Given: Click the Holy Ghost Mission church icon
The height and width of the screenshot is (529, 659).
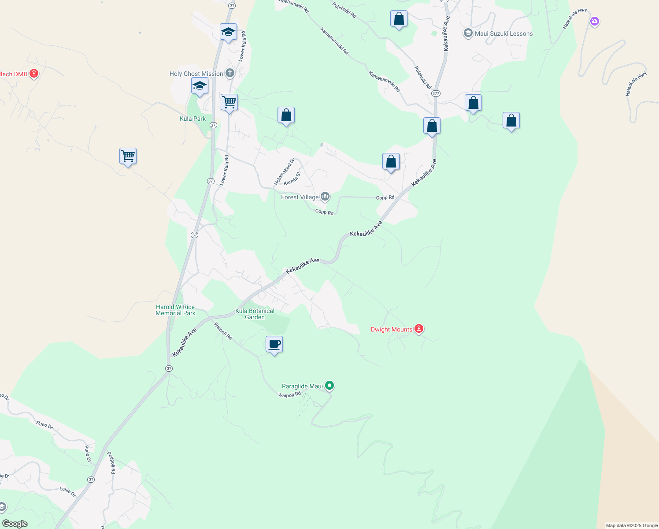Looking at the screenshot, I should pyautogui.click(x=230, y=73).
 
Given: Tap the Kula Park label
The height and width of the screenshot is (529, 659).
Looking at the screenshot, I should pyautogui.click(x=193, y=119).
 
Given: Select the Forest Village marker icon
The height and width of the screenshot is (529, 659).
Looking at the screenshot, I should pyautogui.click(x=325, y=197).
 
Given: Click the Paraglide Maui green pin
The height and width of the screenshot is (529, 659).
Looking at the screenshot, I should pyautogui.click(x=329, y=386).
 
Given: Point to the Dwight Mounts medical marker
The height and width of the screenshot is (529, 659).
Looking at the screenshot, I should pyautogui.click(x=419, y=328).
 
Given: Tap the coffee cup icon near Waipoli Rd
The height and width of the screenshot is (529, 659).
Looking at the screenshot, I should pyautogui.click(x=274, y=344).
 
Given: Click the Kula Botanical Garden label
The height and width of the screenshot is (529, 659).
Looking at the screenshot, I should pyautogui.click(x=255, y=314).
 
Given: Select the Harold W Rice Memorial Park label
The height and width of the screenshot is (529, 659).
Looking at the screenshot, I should pyautogui.click(x=175, y=310).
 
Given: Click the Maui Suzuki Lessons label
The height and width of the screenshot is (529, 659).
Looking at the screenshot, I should pyautogui.click(x=504, y=34).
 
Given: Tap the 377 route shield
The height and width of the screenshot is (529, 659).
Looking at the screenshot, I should pyautogui.click(x=436, y=93).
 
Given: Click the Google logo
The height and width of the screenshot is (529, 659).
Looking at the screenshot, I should pyautogui.click(x=15, y=524).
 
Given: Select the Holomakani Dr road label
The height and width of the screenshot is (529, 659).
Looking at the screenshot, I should pyautogui.click(x=284, y=172).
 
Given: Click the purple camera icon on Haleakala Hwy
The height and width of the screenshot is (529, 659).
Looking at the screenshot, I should pyautogui.click(x=595, y=21).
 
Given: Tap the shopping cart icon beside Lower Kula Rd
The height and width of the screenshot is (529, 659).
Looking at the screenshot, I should pyautogui.click(x=229, y=103).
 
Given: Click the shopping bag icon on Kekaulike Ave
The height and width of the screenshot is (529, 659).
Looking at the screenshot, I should pyautogui.click(x=432, y=126).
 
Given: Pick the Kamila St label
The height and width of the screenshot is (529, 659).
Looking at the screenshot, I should pyautogui.click(x=292, y=179).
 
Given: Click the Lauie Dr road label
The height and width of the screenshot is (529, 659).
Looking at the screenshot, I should pyautogui.click(x=68, y=492).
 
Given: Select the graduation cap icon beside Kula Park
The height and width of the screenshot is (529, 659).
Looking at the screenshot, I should pyautogui.click(x=200, y=86).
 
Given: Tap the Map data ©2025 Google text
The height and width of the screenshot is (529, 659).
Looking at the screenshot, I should pyautogui.click(x=632, y=525).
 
